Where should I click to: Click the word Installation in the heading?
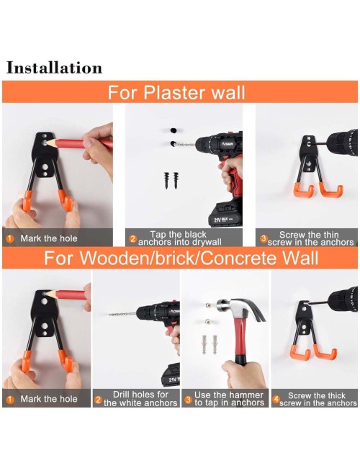pos(54,68)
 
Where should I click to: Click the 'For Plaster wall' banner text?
pos(176,92)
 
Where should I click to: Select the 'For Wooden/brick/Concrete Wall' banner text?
pos(181,258)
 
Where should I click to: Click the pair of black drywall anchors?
pos(171,180)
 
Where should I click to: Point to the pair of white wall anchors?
pos(210,344)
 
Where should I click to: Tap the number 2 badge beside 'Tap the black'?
pos(132,239)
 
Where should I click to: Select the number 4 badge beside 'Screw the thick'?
pos(276,399)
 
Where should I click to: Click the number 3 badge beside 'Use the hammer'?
pos(188,400)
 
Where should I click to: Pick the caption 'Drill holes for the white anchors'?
pos(140,399)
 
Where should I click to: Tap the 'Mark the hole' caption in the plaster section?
pos(49,238)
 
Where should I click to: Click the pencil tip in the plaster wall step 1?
pos(45,143)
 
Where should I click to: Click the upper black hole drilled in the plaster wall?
pos(173,130)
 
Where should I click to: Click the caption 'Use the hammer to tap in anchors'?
pos(229,399)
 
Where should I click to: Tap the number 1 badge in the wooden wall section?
pos(10,400)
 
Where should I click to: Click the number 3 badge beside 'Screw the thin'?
pos(264,238)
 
